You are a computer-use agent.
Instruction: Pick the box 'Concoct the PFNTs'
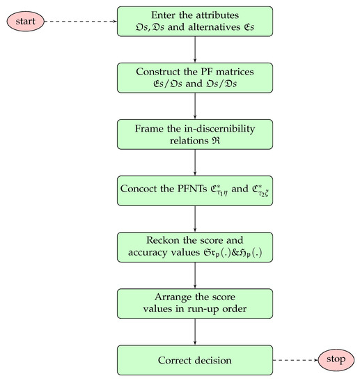pyautogui.click(x=195, y=190)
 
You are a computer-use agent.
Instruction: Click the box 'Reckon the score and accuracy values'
pyautogui.click(x=195, y=247)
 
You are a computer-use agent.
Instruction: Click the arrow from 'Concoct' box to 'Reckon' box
pyautogui.click(x=195, y=219)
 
